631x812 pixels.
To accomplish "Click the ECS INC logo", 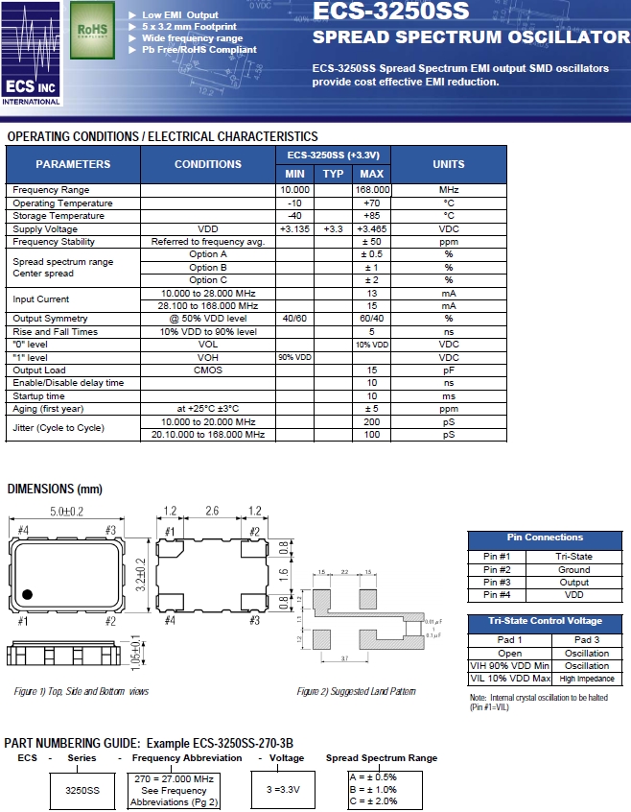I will coord(32,54).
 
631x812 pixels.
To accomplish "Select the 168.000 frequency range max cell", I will coord(371,190).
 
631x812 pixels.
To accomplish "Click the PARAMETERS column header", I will coord(73,164).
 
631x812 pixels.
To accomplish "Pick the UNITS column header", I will coord(448,164).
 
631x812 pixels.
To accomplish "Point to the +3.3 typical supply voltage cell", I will coord(333,228).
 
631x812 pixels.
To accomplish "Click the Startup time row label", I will coord(39,395).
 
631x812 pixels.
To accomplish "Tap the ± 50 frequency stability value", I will coord(371,242).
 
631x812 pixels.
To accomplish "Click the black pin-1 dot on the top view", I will coord(28,594).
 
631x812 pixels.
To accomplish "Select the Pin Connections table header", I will coord(545,537).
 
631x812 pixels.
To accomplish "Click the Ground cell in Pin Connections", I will coord(573,569).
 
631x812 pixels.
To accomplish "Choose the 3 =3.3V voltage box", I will coord(284,790).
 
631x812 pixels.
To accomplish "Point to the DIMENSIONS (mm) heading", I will coord(55,490).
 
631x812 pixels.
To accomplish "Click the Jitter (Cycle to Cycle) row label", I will coord(58,428).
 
